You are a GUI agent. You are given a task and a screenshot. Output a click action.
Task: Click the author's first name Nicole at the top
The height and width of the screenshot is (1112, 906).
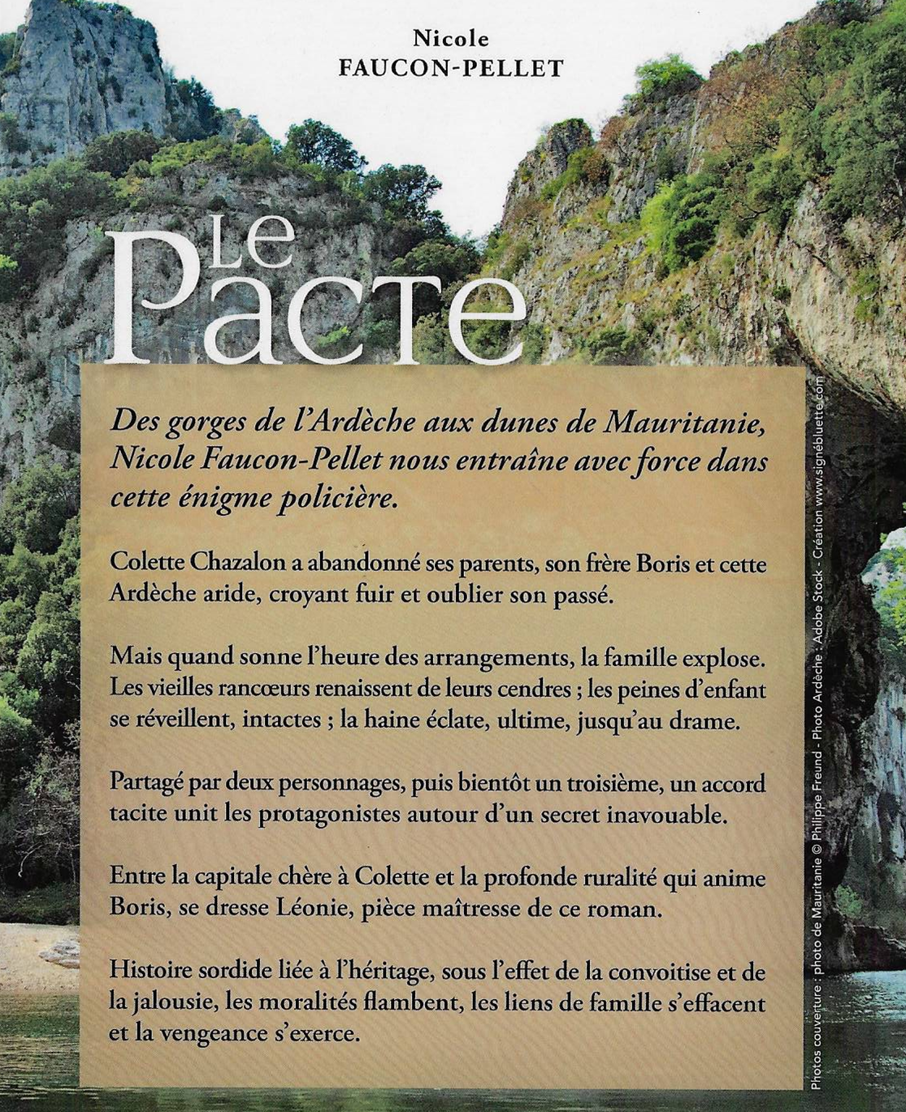(451, 38)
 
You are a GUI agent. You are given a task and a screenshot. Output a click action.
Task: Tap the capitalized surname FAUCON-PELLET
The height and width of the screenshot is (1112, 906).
(451, 68)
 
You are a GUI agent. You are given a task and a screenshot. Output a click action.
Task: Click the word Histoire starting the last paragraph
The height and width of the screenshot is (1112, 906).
(152, 971)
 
